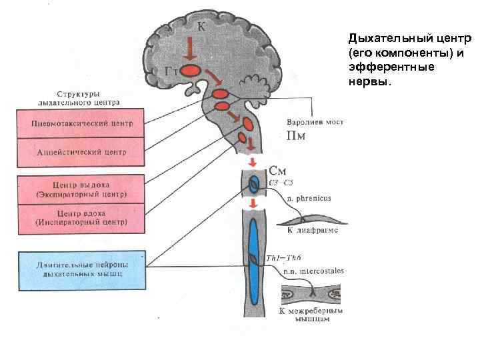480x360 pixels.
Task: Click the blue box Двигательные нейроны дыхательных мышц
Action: point(82,270)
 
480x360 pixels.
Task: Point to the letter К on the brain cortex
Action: point(201,27)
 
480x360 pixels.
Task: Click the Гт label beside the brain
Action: point(170,71)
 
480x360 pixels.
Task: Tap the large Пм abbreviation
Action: point(296,137)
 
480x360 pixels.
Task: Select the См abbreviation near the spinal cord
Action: point(278,171)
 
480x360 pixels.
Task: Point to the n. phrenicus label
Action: point(309,198)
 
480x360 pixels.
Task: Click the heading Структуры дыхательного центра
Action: point(79,99)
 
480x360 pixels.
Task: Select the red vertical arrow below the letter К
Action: point(190,49)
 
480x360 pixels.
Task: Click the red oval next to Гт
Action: point(191,70)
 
